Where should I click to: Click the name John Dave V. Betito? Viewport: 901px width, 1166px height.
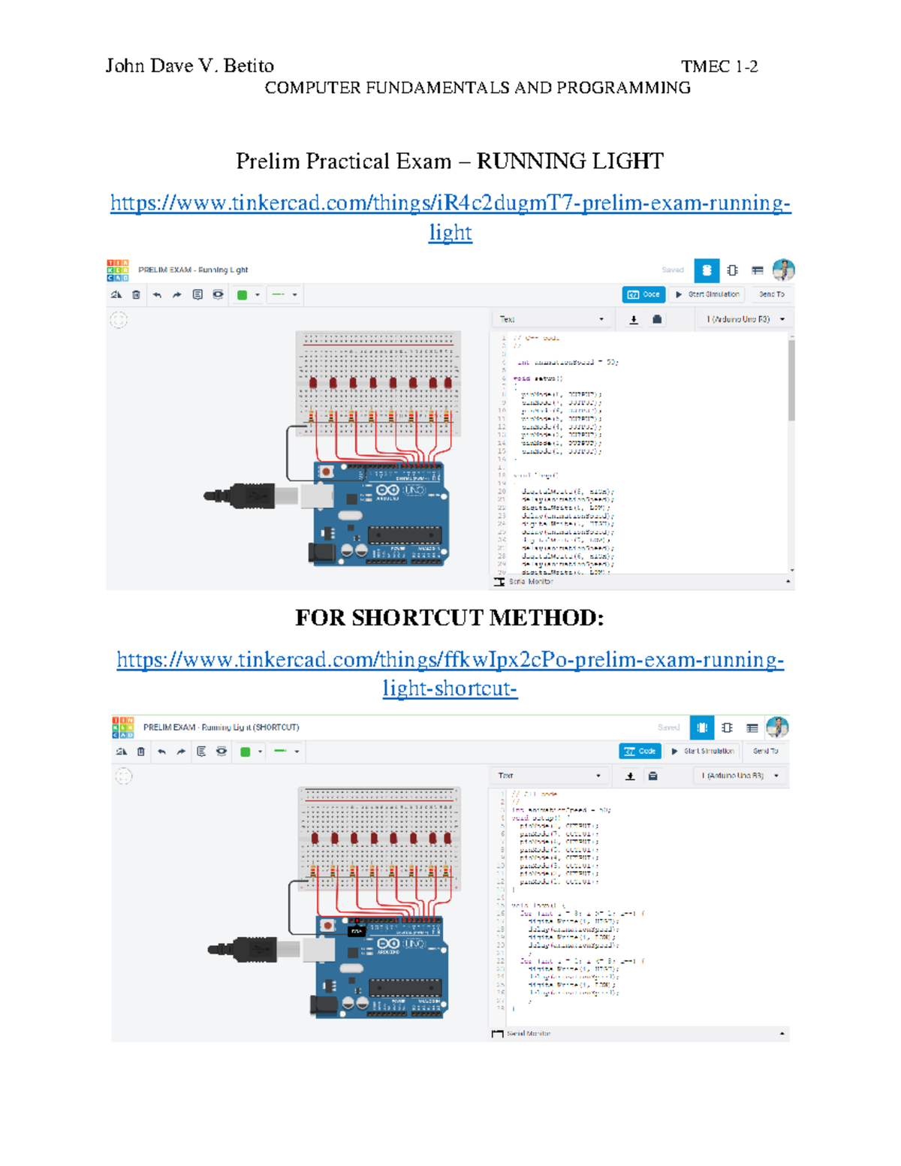point(189,66)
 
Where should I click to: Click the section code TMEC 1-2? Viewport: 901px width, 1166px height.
point(719,67)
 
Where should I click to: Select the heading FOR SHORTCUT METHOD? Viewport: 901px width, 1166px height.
point(449,617)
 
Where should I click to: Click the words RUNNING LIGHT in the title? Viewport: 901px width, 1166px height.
point(570,161)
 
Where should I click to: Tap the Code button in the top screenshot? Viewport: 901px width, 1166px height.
point(643,294)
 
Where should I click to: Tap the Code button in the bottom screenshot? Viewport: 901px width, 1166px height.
point(640,751)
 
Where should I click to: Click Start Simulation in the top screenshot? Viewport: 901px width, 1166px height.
point(707,294)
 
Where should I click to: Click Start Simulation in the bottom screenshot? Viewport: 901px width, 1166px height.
point(703,751)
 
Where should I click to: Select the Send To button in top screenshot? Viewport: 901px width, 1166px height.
point(771,294)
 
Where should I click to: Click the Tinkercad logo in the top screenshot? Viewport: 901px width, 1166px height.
point(118,270)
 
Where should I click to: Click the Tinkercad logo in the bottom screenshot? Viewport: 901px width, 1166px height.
point(123,727)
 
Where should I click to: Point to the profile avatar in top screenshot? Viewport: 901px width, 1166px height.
point(783,270)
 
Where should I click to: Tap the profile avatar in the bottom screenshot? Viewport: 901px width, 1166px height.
point(777,727)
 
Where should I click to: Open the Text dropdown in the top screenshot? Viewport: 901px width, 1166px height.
point(552,319)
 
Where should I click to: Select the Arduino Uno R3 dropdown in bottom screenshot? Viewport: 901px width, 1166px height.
point(740,776)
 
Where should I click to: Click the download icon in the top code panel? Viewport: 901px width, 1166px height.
point(634,320)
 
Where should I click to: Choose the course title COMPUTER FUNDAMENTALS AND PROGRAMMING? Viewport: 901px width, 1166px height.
point(478,88)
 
